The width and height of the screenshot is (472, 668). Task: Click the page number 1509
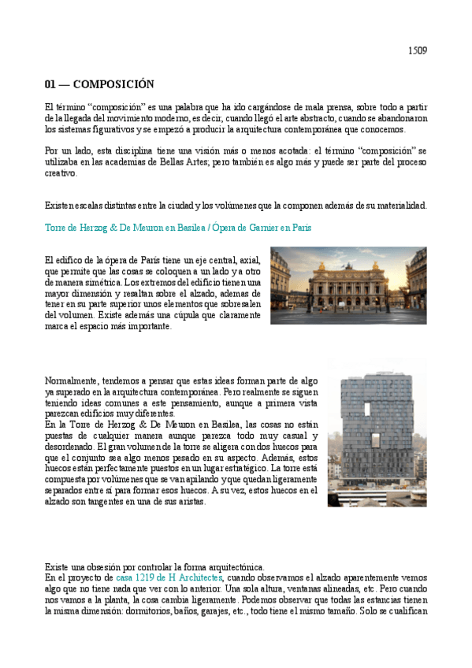417,51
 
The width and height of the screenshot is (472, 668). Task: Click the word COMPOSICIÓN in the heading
113,84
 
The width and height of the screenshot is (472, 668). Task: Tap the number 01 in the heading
50,84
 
